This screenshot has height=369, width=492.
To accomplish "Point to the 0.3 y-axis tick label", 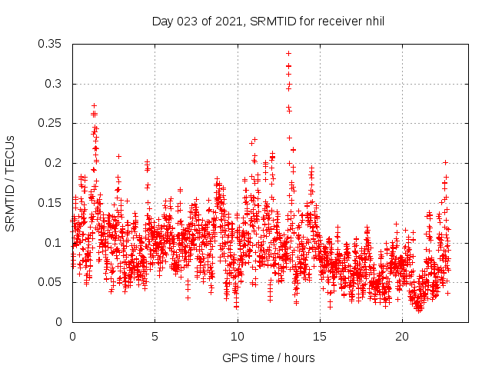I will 55,84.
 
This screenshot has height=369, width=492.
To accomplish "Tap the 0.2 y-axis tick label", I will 55,163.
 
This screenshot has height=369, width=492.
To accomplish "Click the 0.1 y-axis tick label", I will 55,243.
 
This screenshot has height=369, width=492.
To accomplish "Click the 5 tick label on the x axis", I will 155,337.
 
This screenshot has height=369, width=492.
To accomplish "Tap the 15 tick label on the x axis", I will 319,337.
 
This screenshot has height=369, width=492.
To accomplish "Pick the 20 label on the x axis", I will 401,337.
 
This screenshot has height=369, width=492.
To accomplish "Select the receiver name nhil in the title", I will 374,21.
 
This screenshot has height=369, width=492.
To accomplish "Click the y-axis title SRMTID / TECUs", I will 11,183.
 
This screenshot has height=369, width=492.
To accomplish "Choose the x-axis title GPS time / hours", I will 268,357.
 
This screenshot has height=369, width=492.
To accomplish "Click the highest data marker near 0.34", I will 288,53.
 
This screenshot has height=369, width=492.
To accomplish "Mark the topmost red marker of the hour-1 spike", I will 94,105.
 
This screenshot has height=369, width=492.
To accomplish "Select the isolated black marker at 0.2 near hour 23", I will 445,162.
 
